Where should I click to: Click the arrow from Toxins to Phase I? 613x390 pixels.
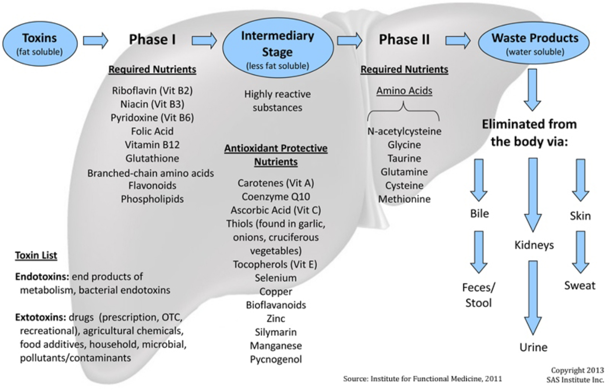95,40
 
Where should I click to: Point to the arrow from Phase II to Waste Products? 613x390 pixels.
458,40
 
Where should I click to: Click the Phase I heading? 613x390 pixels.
152,40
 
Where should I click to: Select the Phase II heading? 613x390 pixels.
404,40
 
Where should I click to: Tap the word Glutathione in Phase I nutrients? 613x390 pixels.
152,158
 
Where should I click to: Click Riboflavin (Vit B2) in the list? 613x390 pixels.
152,91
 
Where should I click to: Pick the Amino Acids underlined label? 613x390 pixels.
404,91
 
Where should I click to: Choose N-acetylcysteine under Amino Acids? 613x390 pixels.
404,131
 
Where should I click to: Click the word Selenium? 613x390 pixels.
275,278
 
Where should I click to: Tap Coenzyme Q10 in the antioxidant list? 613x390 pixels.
275,197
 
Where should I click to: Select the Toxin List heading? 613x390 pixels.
36,255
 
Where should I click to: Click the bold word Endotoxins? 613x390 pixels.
42,277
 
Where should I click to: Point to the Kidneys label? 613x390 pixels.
534,245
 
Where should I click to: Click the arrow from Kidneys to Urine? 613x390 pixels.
533,297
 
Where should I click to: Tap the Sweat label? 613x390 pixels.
579,286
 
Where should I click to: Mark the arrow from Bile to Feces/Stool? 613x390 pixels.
479,252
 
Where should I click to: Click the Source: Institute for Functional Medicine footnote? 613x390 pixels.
422,379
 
